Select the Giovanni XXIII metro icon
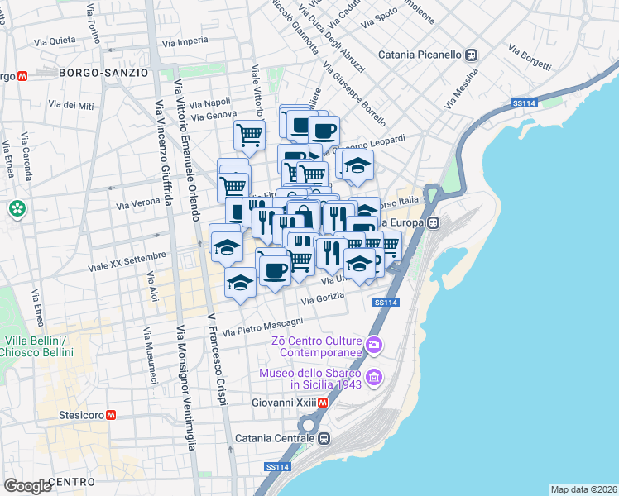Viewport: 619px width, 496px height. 324,403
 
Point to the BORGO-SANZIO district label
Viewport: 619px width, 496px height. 103,73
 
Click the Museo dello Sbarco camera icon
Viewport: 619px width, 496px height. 374,379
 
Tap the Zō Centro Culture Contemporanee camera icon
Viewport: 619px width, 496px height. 374,344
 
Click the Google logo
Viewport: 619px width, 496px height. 27,486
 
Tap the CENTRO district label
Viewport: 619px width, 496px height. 74,481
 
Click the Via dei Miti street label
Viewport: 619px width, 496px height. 71,104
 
